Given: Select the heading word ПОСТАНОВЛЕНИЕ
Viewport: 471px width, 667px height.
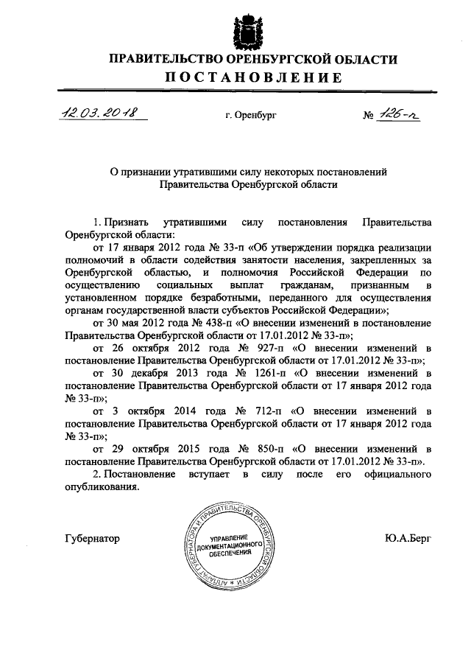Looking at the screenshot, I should click(252, 78).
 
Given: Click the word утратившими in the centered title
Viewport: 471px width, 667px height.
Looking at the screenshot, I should click(196, 171).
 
